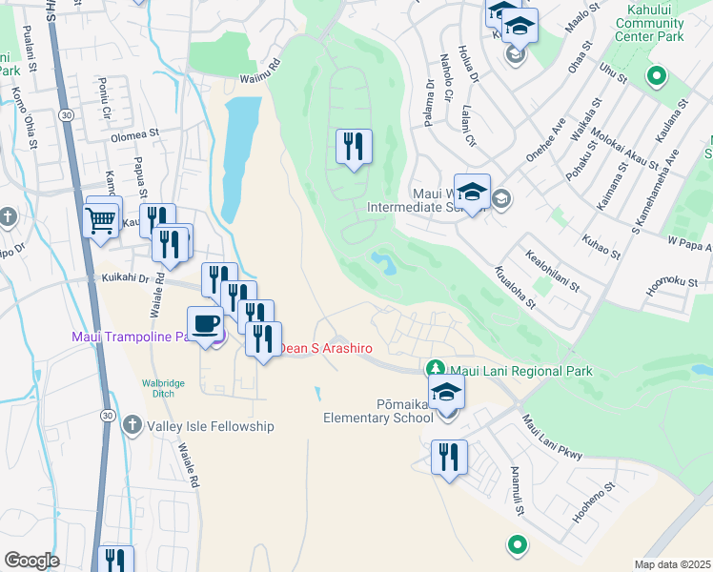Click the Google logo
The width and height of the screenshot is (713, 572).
point(31,561)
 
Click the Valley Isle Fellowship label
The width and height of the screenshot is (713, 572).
point(210,426)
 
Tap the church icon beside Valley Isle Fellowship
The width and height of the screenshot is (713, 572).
point(132,425)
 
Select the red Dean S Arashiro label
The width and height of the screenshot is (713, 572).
point(324,349)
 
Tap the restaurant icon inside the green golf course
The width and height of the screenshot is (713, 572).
point(354,147)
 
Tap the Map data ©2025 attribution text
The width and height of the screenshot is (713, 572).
point(673,564)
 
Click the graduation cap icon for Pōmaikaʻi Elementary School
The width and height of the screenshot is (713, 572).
point(445,392)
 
